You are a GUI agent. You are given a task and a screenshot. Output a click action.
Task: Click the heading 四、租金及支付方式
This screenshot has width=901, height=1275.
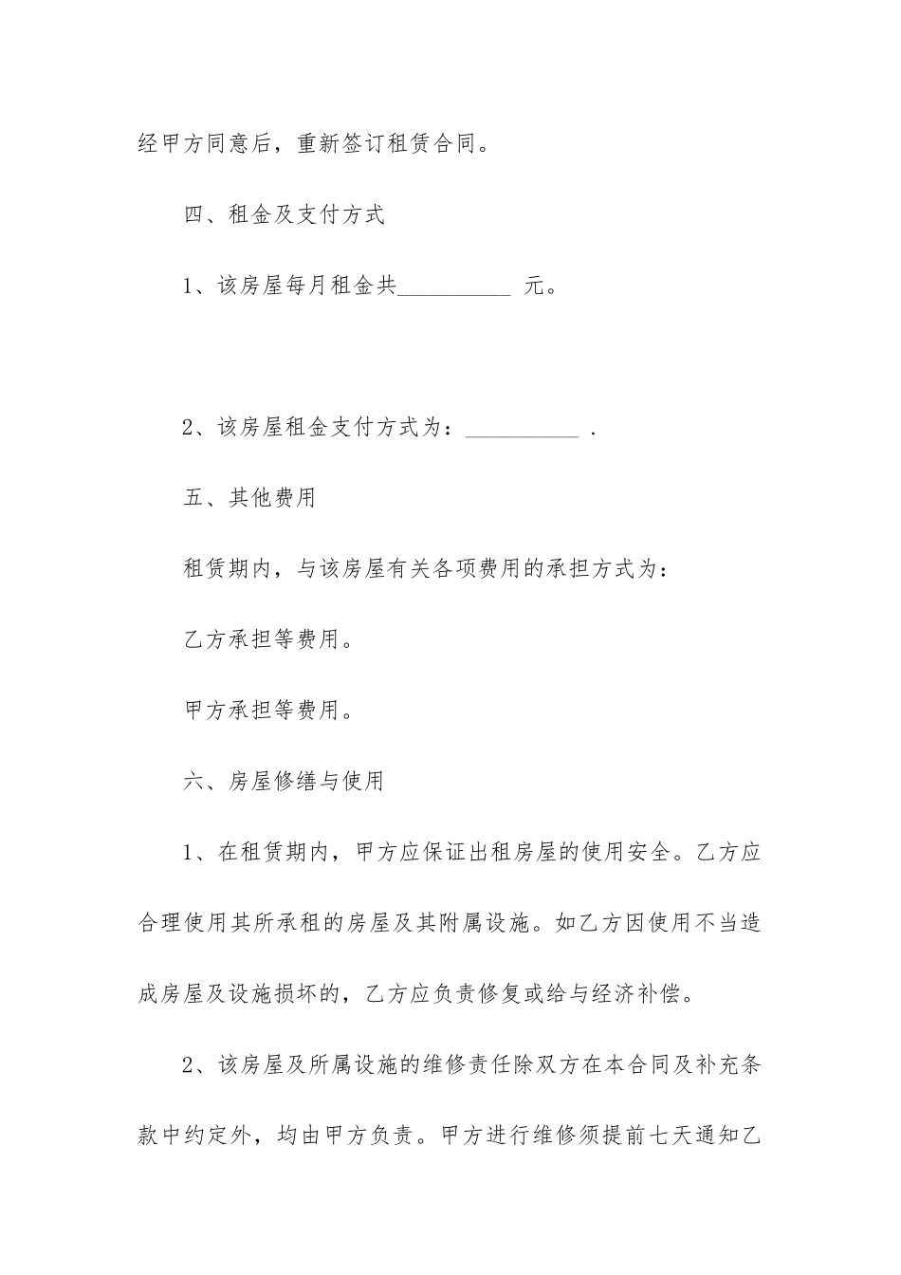284,215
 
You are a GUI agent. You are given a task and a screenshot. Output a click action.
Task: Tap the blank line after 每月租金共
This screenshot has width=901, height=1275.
453,287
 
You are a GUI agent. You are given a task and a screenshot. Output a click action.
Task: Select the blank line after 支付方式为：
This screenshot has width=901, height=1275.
524,430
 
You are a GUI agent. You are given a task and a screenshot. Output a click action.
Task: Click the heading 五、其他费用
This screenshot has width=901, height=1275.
249,498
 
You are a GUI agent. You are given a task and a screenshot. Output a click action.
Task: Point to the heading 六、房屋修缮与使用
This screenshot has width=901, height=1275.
284,782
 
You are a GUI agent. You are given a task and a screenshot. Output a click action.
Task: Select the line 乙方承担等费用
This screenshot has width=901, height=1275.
268,640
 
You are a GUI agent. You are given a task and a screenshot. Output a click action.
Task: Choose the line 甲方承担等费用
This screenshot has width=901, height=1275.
268,711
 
